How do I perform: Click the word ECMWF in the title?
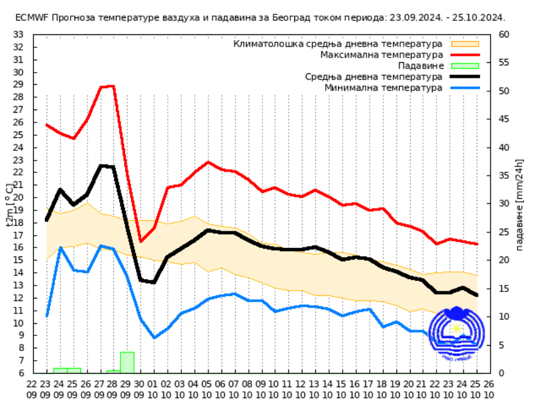[31, 17]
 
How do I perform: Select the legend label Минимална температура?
[383, 87]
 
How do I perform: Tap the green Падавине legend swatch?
[464, 65]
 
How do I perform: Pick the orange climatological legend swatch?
[464, 43]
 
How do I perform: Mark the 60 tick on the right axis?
[504, 34]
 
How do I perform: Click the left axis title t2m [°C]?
[9, 205]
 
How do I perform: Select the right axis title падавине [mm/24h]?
[520, 205]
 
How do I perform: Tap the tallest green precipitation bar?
[127, 362]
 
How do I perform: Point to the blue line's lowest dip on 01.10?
[154, 337]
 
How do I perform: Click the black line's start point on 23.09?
[47, 220]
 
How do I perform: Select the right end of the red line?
[477, 244]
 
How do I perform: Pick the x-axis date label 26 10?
[490, 389]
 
